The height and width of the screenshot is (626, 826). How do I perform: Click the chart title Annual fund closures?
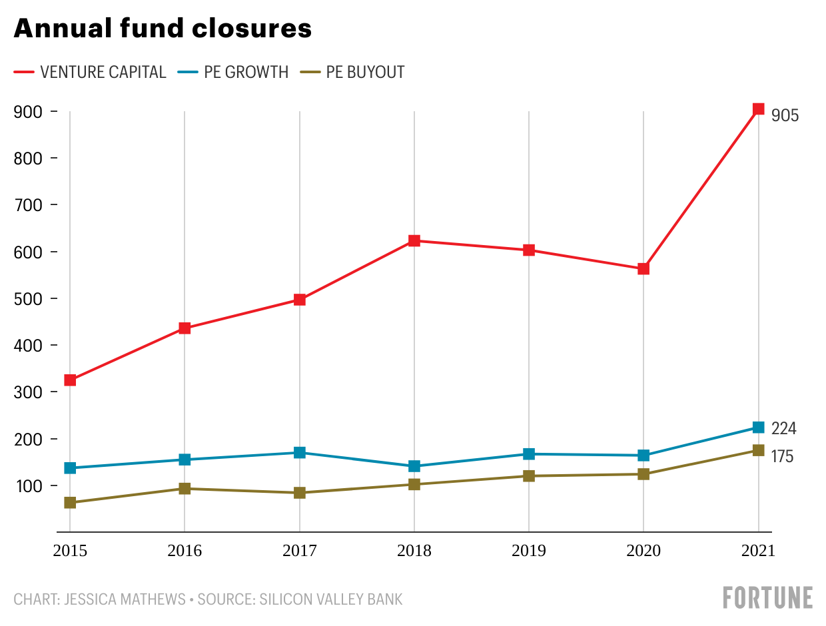click(163, 29)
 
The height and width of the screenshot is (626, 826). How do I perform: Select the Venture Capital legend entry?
click(90, 72)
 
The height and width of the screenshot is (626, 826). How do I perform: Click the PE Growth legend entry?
click(234, 72)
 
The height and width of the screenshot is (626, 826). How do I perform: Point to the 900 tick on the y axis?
click(27, 112)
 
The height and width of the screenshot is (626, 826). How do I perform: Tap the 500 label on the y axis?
click(27, 299)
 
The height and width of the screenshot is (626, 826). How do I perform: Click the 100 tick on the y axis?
click(27, 486)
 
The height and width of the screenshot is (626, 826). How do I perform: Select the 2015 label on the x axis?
click(70, 551)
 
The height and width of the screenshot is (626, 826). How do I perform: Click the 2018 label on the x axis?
click(414, 551)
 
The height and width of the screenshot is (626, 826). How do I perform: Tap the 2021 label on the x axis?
click(758, 551)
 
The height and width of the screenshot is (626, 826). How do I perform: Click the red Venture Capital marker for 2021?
click(758, 109)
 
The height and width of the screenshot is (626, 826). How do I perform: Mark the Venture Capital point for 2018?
click(414, 241)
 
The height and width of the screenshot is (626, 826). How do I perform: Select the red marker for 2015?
click(70, 380)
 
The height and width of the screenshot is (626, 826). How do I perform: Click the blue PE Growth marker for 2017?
click(300, 453)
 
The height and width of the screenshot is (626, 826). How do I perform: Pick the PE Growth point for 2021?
click(758, 428)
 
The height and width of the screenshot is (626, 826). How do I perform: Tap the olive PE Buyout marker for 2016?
click(185, 489)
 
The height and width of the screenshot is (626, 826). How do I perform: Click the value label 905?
click(785, 116)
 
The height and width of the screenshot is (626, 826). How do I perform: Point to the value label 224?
click(784, 428)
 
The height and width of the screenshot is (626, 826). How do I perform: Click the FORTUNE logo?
click(767, 597)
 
